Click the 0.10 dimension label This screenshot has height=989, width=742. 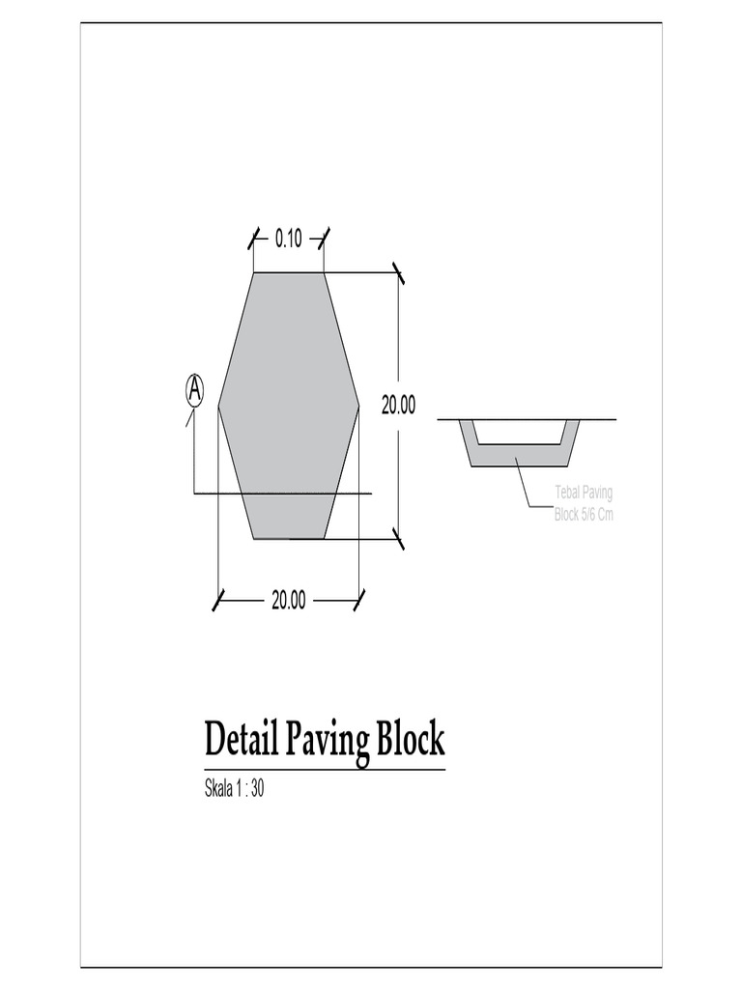point(288,239)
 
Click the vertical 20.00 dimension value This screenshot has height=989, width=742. point(397,406)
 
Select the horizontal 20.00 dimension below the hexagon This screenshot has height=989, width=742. point(288,601)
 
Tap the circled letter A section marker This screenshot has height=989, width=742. point(194,389)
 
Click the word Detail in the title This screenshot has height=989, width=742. point(241,740)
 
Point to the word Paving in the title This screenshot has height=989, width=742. point(326,742)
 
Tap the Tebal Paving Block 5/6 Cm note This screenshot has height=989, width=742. point(584,504)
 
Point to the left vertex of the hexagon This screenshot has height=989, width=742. point(219,407)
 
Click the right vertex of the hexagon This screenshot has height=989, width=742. point(358,407)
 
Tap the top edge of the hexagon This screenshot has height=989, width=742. point(288,273)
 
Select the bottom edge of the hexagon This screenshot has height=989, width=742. point(288,538)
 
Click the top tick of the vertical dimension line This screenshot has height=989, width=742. point(398,273)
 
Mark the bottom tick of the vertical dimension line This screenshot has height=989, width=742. point(398,538)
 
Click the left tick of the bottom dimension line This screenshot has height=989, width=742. point(219,601)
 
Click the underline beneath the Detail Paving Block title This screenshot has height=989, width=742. point(325,770)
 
